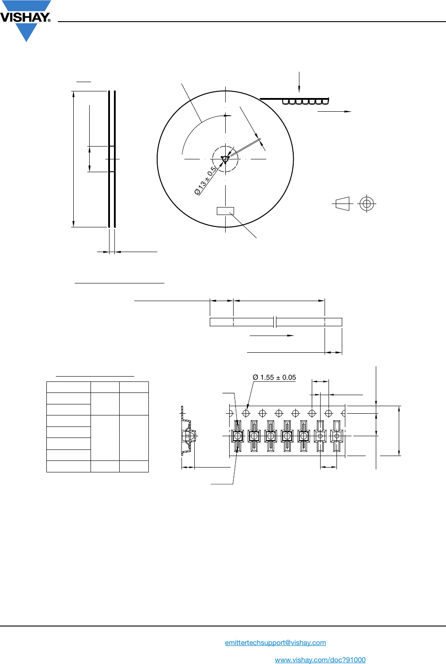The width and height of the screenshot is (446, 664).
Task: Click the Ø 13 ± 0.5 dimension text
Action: coord(206,181)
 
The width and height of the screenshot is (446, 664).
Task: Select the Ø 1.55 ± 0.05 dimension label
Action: coord(274,377)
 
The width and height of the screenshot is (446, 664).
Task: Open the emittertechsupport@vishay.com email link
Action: coord(275,643)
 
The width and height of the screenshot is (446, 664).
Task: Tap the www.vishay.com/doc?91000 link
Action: coord(320,660)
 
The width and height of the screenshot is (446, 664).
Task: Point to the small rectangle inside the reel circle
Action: coord(225,211)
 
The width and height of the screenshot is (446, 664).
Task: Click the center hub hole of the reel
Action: coord(225,159)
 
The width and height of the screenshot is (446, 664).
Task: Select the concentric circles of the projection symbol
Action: coord(367,204)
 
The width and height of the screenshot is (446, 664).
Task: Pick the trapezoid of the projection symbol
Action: coord(343,204)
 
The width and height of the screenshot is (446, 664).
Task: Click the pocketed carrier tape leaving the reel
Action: coord(305,102)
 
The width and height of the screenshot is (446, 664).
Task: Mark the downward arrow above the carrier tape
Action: coord(299,82)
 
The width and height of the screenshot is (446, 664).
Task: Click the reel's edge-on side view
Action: coord(112,159)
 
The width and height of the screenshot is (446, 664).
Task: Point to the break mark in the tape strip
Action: coord(275,322)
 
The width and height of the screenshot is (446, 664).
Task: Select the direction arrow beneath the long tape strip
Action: coord(272,336)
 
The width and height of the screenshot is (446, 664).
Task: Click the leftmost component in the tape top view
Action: coord(238,436)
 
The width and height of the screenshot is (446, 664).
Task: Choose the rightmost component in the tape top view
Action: coord(336,436)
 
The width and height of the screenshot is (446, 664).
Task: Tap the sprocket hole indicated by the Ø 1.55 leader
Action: coord(246,413)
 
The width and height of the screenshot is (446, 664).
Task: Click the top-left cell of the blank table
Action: coord(68,387)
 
